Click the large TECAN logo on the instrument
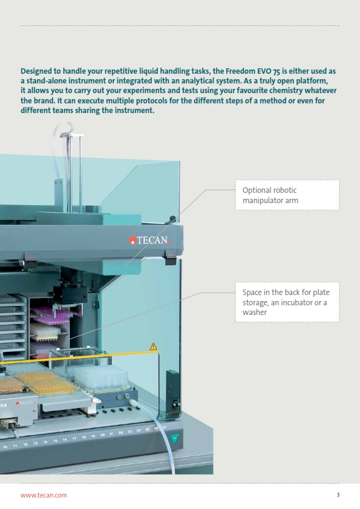pyautogui.click(x=150, y=240)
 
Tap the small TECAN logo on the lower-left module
pyautogui.click(x=25, y=403)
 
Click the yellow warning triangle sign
pyautogui.click(x=153, y=347)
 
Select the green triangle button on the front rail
pyautogui.click(x=174, y=438)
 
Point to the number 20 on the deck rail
pyautogui.click(x=103, y=435)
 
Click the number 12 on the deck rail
pyautogui.click(x=25, y=444)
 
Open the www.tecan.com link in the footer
pyautogui.click(x=44, y=495)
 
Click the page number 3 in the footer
pyautogui.click(x=338, y=494)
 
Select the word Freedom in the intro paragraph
pyautogui.click(x=240, y=71)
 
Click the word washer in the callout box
pyautogui.click(x=254, y=313)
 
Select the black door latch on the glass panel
pyautogui.click(x=172, y=394)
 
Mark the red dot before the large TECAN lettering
pyautogui.click(x=133, y=241)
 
